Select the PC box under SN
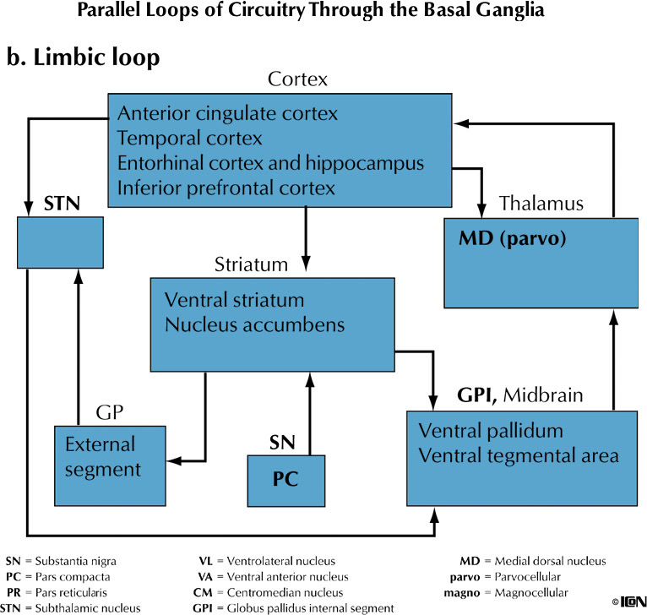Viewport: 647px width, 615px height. tap(285, 479)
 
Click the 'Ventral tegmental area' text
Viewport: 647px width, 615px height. tap(519, 455)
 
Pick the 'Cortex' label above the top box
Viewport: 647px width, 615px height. tap(296, 80)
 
